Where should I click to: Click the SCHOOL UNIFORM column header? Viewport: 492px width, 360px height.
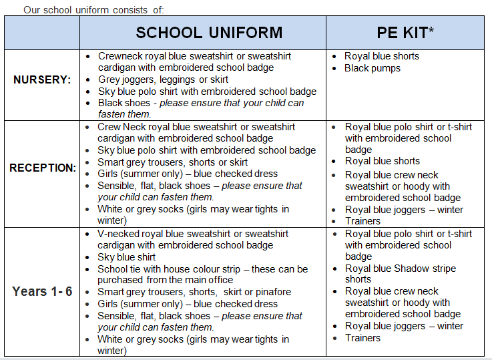click(209, 33)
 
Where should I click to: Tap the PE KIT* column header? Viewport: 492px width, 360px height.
click(405, 33)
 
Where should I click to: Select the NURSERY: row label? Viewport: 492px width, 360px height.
click(42, 79)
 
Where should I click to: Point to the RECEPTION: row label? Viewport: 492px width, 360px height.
click(42, 168)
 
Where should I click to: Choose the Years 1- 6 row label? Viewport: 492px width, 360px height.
click(42, 292)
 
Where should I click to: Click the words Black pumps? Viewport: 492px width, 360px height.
click(373, 68)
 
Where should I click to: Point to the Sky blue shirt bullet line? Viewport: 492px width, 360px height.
click(127, 257)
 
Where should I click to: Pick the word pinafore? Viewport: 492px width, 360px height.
click(270, 292)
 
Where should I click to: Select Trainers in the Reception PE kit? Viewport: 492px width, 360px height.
click(362, 221)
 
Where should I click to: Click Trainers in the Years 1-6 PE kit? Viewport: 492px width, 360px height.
click(362, 338)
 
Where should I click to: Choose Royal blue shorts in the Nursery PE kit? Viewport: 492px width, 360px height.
click(382, 56)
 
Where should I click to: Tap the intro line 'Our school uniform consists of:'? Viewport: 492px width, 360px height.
click(93, 9)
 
